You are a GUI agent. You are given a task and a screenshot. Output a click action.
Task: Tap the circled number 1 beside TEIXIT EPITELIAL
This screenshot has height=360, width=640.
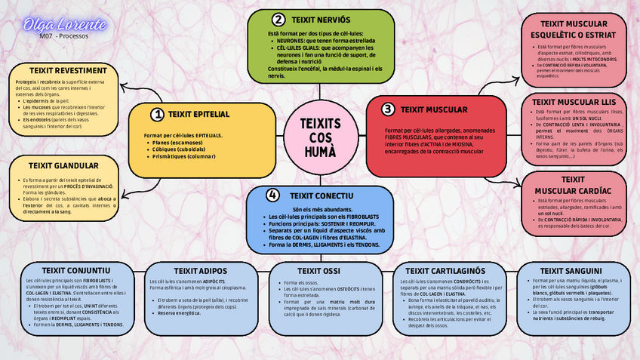pyautogui.click(x=157, y=115)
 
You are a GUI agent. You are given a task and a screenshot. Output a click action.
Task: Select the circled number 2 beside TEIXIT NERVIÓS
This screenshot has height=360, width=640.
pyautogui.click(x=278, y=20)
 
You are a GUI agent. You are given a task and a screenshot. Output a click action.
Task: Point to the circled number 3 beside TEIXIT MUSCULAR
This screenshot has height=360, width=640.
pyautogui.click(x=387, y=109)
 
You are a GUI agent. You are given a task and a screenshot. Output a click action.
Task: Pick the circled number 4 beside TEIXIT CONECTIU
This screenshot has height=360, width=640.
pyautogui.click(x=273, y=195)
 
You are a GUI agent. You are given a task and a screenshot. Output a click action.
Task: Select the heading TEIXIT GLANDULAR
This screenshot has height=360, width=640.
pyautogui.click(x=63, y=165)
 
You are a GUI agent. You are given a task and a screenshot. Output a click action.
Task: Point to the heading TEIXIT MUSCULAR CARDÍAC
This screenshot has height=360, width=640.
pyautogui.click(x=574, y=185)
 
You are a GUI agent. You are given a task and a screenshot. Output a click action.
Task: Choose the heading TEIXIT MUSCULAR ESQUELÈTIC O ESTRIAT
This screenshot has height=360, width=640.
pyautogui.click(x=574, y=29)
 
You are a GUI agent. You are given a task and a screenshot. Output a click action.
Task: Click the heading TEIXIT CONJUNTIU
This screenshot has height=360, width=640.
pyautogui.click(x=73, y=270)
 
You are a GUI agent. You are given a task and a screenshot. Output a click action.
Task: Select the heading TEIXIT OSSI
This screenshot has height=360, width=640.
pyautogui.click(x=319, y=270)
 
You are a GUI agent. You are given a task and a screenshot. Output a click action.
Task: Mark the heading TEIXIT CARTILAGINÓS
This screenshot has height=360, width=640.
pyautogui.click(x=444, y=270)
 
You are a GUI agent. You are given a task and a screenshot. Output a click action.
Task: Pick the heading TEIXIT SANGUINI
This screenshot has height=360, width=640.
pyautogui.click(x=571, y=270)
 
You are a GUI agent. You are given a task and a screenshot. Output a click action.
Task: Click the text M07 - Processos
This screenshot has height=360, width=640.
pyautogui.click(x=64, y=35)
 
